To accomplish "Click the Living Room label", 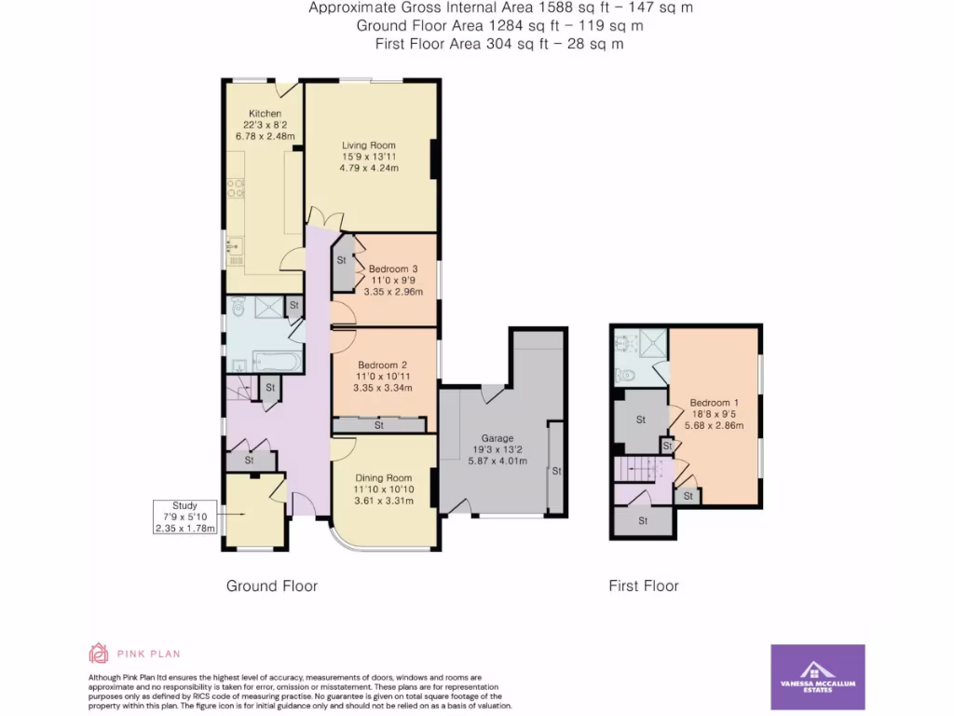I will [x=369, y=145].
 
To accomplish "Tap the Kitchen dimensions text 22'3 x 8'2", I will [x=265, y=125].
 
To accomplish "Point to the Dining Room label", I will [x=382, y=477].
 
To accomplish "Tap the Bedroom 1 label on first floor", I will [x=713, y=403].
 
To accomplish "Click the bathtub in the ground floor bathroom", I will [x=277, y=361].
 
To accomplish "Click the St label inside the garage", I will [x=556, y=472].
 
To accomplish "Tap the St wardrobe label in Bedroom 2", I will [x=379, y=426].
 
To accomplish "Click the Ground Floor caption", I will [x=272, y=586].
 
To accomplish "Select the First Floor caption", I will [x=644, y=586].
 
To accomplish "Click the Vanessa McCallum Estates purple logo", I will [x=818, y=676].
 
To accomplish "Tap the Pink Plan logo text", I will [x=148, y=654].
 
